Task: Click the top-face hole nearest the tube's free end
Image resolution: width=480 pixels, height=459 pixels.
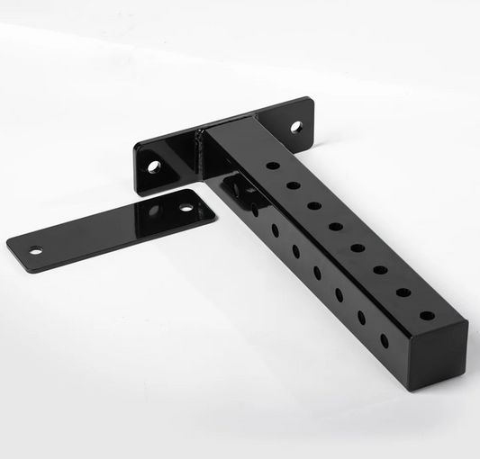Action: (x=426, y=316)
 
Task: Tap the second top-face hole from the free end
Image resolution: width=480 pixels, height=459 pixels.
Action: (x=403, y=292)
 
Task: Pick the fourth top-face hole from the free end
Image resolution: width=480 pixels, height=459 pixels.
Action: (x=358, y=247)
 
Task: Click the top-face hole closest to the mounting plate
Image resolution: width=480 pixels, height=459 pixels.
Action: (x=272, y=166)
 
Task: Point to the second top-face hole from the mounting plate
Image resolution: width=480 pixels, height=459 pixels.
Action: (x=293, y=184)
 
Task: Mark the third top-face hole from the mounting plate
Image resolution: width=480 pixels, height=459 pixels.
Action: (x=313, y=205)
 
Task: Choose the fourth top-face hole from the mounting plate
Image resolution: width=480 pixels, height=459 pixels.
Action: (x=335, y=226)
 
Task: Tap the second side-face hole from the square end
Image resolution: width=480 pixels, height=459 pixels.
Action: (x=360, y=318)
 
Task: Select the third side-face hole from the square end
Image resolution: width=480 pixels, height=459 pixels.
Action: (x=339, y=294)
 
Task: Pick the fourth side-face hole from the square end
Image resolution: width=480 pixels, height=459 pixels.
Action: (x=317, y=272)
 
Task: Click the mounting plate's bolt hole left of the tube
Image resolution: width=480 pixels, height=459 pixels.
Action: (x=153, y=166)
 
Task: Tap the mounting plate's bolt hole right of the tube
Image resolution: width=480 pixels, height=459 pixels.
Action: (x=295, y=126)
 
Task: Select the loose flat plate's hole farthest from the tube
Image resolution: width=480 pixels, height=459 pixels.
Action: (x=35, y=250)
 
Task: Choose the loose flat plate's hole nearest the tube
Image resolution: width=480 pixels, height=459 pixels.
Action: (x=186, y=207)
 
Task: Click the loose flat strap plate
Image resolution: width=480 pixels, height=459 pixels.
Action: (x=108, y=229)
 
